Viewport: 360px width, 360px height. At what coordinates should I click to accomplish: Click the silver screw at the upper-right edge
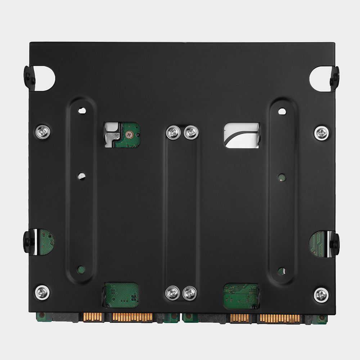click(321, 133)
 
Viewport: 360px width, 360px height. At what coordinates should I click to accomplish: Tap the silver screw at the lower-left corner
click(42, 292)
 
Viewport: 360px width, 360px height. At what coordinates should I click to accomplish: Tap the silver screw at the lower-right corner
click(321, 295)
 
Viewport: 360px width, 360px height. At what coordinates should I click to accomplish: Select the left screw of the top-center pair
click(173, 132)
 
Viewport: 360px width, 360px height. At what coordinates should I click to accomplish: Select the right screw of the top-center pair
click(191, 132)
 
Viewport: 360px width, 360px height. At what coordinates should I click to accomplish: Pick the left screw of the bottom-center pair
click(172, 293)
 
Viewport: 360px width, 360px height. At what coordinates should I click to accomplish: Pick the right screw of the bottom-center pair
click(190, 293)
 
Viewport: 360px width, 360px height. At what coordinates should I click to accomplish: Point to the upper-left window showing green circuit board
click(122, 135)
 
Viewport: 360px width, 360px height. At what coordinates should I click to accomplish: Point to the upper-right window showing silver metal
click(242, 135)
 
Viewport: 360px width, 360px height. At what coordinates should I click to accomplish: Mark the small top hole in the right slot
click(282, 111)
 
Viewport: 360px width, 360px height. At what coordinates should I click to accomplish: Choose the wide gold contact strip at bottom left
click(132, 317)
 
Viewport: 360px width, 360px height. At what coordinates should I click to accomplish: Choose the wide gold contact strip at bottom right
click(280, 318)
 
